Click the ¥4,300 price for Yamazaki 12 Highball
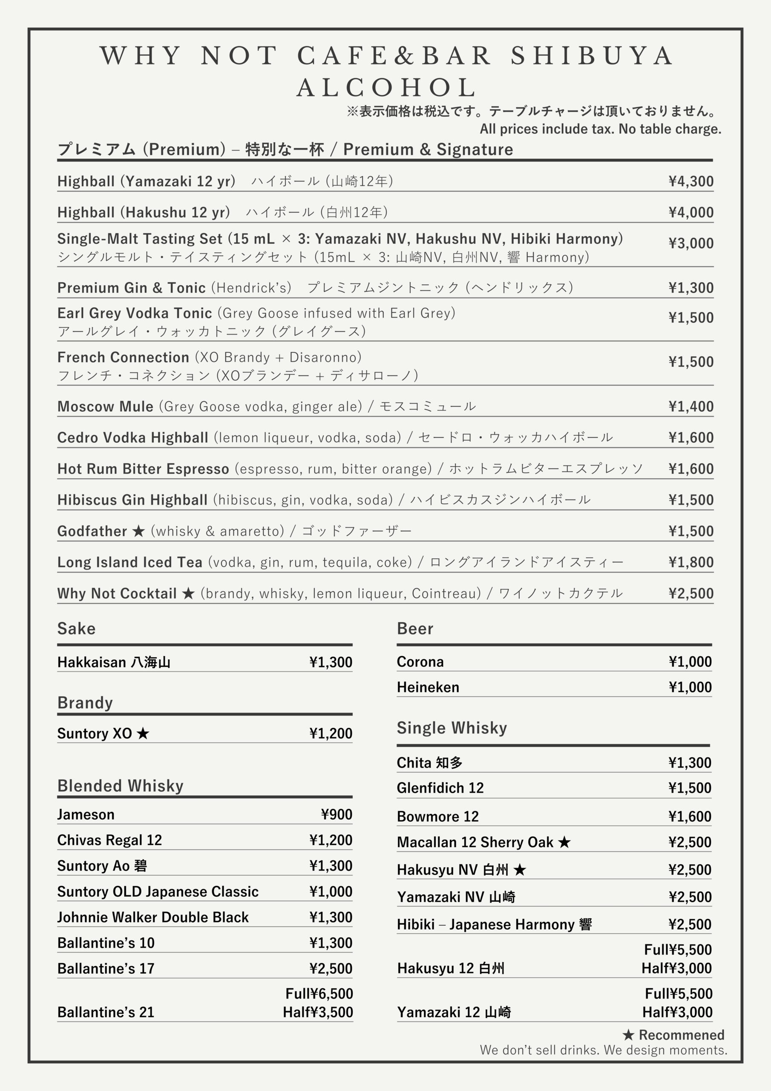pyautogui.click(x=691, y=181)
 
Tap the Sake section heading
pyautogui.click(x=77, y=629)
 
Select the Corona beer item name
pyautogui.click(x=420, y=661)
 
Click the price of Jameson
pyautogui.click(x=337, y=814)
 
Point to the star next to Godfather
pyautogui.click(x=138, y=531)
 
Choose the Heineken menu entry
pyautogui.click(x=428, y=687)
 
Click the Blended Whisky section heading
pyautogui.click(x=120, y=786)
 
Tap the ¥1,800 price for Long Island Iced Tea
pyautogui.click(x=691, y=562)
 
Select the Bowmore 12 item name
pyautogui.click(x=437, y=817)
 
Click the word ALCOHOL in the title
pyautogui.click(x=387, y=87)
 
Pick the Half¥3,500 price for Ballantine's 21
pyautogui.click(x=318, y=1012)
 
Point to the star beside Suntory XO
pyautogui.click(x=143, y=734)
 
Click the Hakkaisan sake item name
pyautogui.click(x=114, y=662)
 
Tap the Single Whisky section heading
pyautogui.click(x=452, y=728)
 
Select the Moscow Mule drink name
pyautogui.click(x=105, y=406)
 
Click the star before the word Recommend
pyautogui.click(x=628, y=1035)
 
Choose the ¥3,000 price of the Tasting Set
pyautogui.click(x=691, y=243)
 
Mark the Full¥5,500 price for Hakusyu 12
pyautogui.click(x=677, y=950)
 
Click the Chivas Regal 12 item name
pyautogui.click(x=109, y=840)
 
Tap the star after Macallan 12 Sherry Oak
pyautogui.click(x=564, y=843)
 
